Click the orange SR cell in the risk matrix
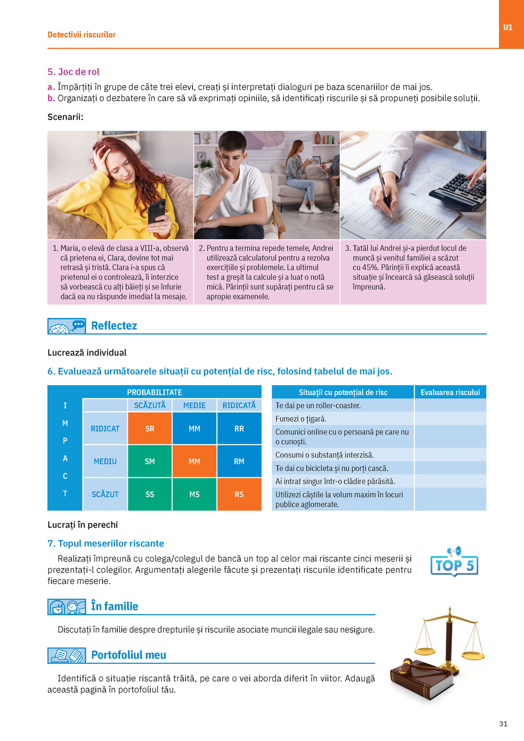click(x=149, y=428)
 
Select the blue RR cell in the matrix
click(x=239, y=428)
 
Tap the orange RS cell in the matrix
click(x=239, y=494)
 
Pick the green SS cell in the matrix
click(x=149, y=494)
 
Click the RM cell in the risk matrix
click(x=239, y=461)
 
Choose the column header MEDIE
click(x=194, y=405)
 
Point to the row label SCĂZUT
click(x=105, y=494)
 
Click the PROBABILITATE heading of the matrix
click(x=155, y=392)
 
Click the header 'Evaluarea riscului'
click(x=450, y=393)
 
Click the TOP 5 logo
click(x=454, y=563)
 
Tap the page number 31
click(x=503, y=724)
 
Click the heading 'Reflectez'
click(x=114, y=326)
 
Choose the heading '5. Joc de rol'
click(x=73, y=72)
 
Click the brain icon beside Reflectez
click(x=59, y=328)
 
